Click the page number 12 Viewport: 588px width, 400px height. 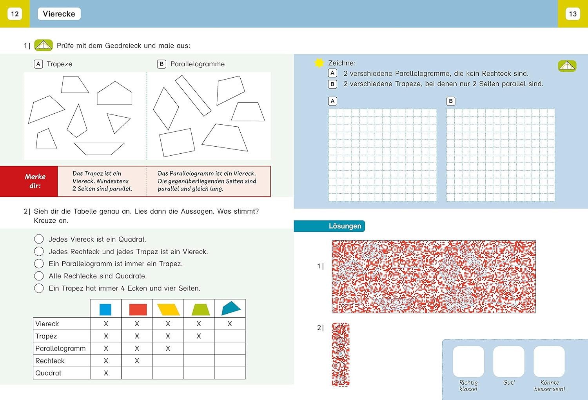click(x=15, y=14)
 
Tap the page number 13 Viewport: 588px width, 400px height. click(x=572, y=14)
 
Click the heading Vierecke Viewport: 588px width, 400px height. click(x=59, y=14)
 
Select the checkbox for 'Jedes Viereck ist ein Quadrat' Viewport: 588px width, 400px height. click(x=39, y=239)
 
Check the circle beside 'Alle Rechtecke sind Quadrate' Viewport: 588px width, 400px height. click(x=39, y=276)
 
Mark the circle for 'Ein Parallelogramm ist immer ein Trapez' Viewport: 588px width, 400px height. click(x=39, y=264)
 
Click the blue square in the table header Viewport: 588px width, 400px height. click(x=105, y=309)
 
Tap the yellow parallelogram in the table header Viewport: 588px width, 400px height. click(x=168, y=309)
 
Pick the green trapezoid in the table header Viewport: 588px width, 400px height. click(x=201, y=309)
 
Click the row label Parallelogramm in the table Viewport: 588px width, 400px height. click(x=60, y=348)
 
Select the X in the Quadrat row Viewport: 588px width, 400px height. click(x=106, y=373)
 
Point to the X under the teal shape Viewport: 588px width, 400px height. click(x=230, y=324)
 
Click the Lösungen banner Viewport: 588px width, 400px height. click(x=329, y=226)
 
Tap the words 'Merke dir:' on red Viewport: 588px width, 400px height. click(x=35, y=181)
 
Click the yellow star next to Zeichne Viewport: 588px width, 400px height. click(x=319, y=63)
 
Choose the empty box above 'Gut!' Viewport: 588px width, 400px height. click(x=509, y=362)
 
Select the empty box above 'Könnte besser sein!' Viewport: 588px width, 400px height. click(x=549, y=362)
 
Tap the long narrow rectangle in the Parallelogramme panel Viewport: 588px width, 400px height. click(x=193, y=96)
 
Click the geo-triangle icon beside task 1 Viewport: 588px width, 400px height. click(x=44, y=45)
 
